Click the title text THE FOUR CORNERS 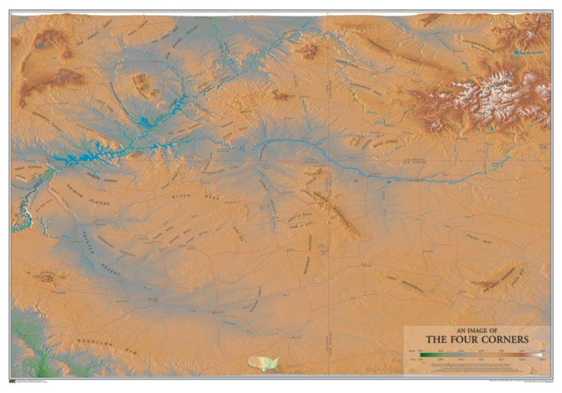coord(477,339)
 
